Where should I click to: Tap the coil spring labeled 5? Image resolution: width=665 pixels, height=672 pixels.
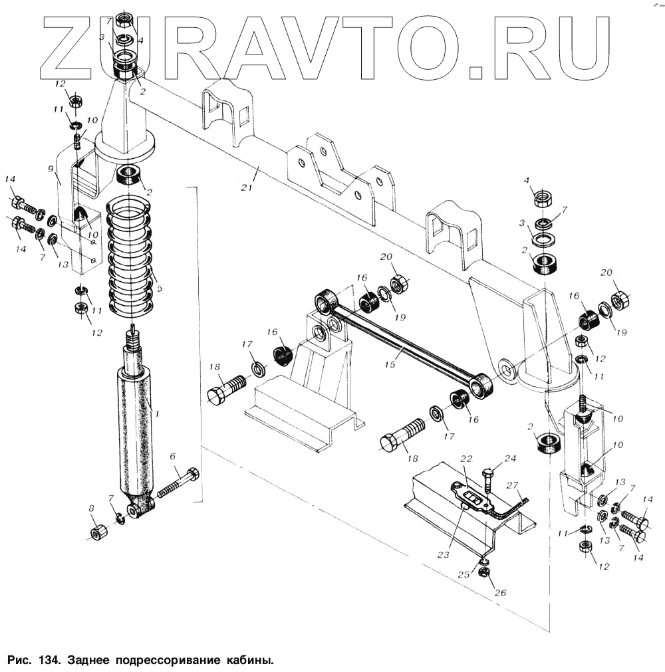(131, 256)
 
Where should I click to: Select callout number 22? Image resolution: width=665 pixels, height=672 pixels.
(465, 459)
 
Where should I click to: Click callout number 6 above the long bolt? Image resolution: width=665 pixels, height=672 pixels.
(172, 457)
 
